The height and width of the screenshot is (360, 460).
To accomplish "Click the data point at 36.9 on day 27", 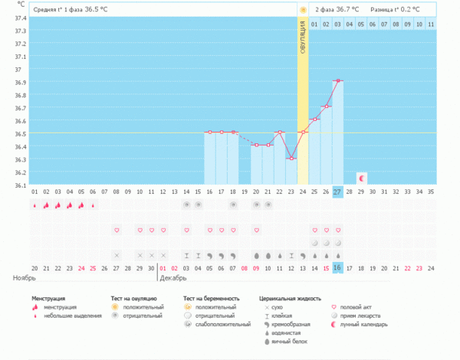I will pos(337,80).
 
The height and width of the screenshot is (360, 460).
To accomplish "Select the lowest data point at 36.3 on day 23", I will pos(291,158).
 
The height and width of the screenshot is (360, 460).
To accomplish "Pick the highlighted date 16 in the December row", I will pos(337,268).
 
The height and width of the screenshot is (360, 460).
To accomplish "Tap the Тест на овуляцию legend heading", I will pos(134,297).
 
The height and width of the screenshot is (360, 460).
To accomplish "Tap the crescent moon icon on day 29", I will pos(362,178).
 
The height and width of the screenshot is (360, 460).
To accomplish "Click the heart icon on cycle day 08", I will pos(117,230).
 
